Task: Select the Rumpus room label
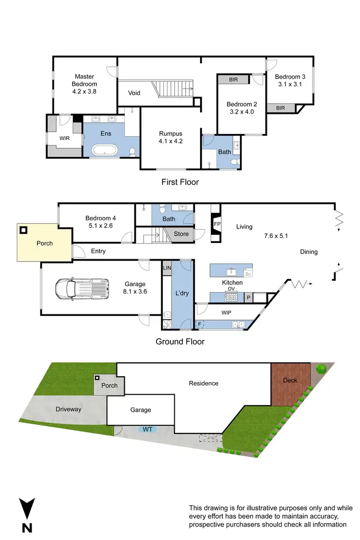point(171,134)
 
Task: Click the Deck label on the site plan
point(290,380)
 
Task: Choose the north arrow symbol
point(27,516)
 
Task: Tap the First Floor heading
point(180,182)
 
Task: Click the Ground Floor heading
point(180,342)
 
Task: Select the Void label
point(134,93)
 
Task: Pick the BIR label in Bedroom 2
point(233,80)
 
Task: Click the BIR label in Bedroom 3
point(280,108)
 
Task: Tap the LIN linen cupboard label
point(167,268)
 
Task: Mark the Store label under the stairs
point(181,234)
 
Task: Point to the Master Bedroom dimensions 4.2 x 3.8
point(84,91)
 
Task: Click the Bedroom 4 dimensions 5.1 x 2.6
point(101,225)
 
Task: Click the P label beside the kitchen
point(249,298)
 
